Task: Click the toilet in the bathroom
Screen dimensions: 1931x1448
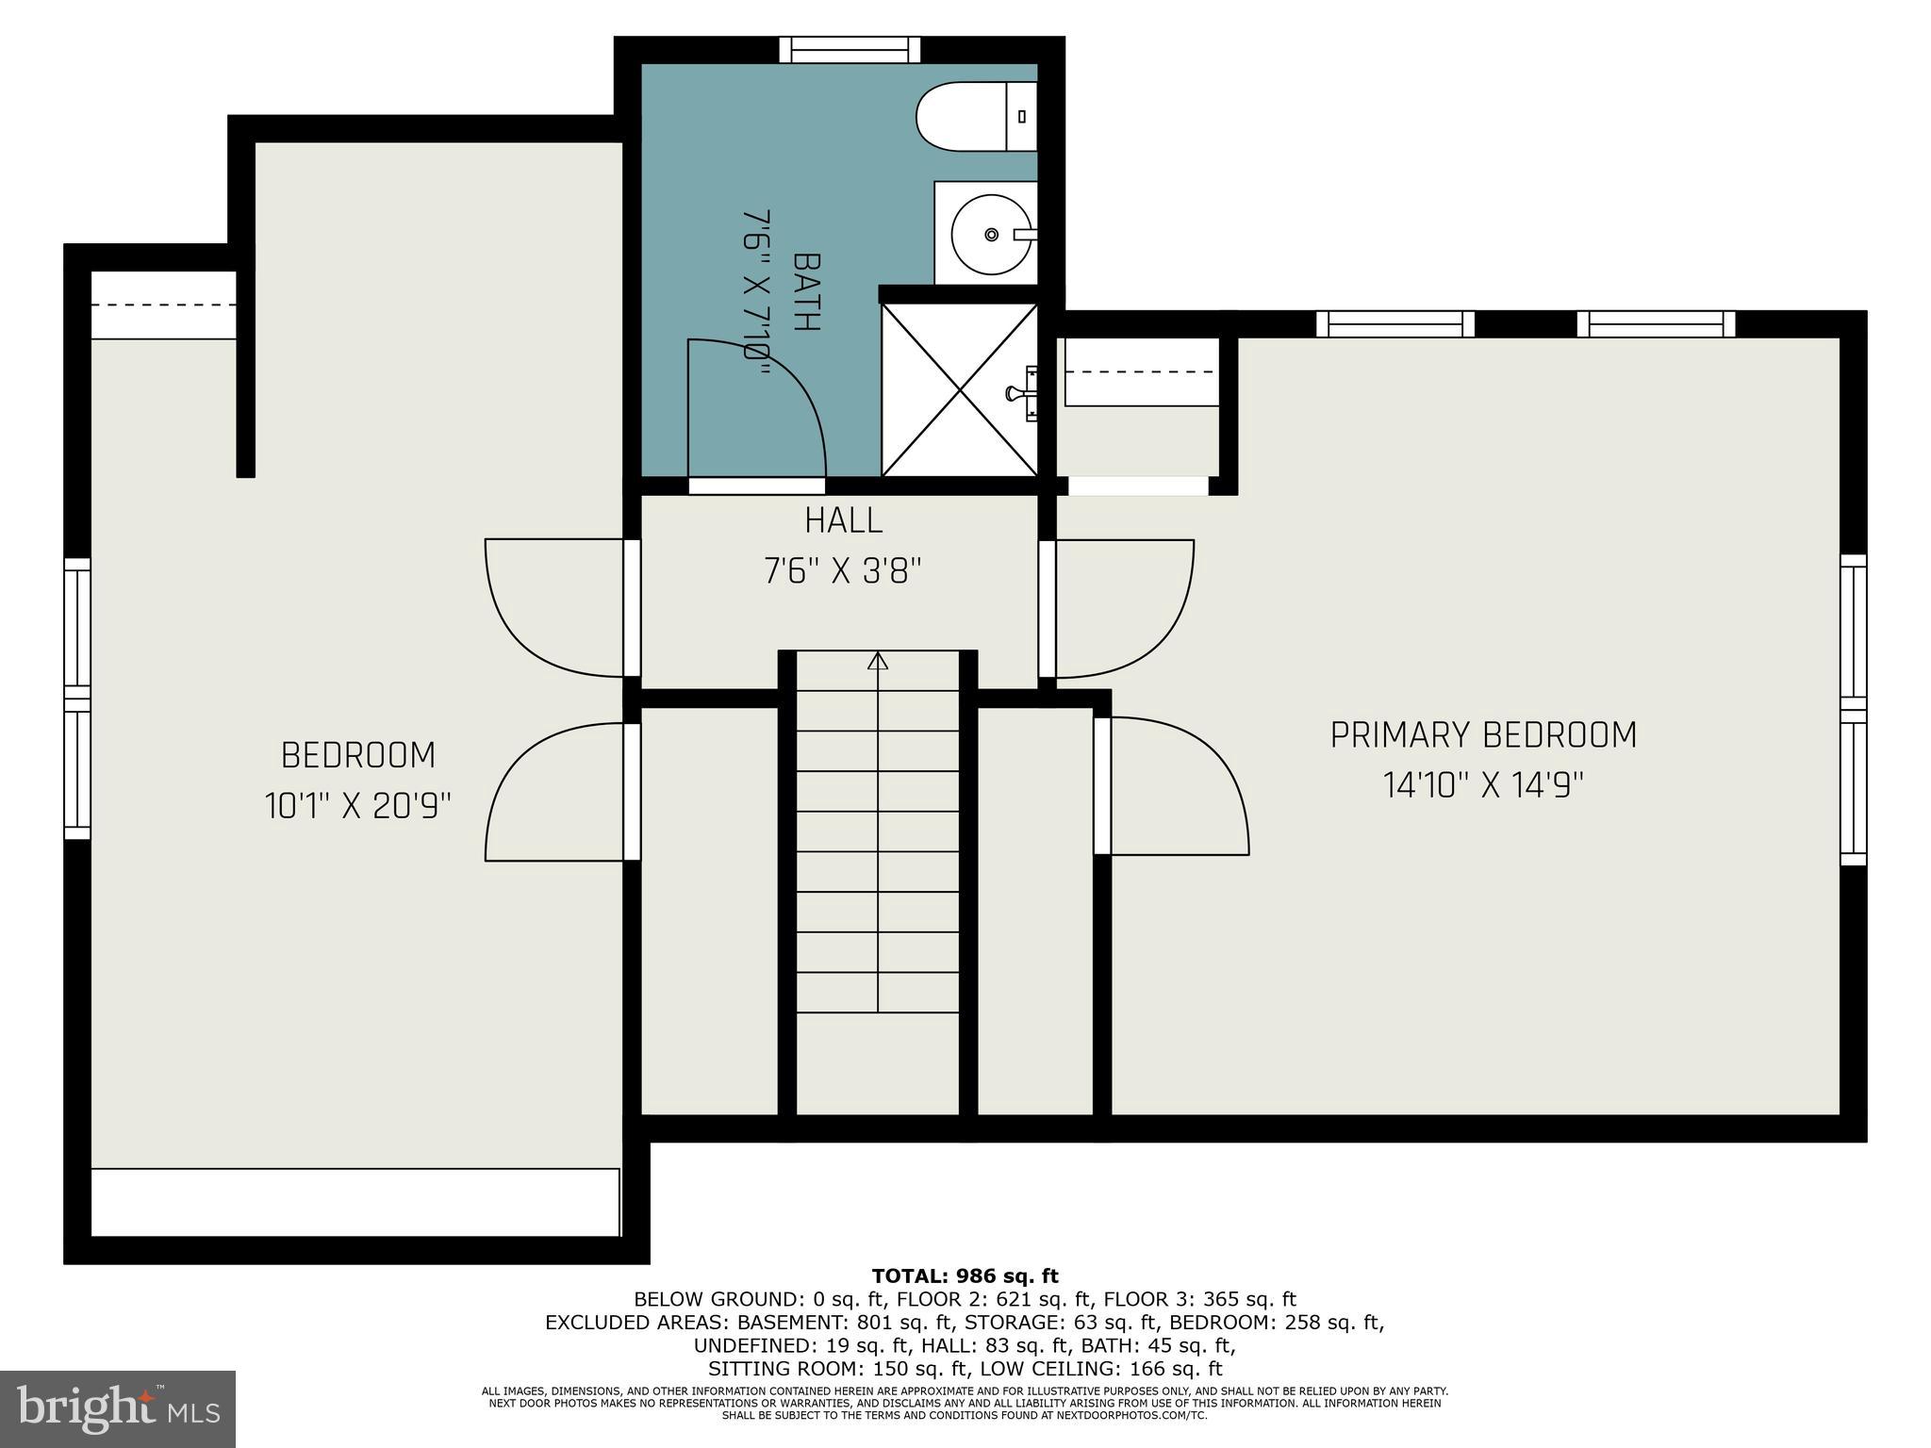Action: pyautogui.click(x=977, y=116)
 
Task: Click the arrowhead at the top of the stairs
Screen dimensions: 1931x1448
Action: pyautogui.click(x=878, y=660)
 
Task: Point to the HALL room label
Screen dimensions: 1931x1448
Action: pyautogui.click(x=844, y=520)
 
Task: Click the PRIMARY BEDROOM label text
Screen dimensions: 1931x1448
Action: pyautogui.click(x=1483, y=735)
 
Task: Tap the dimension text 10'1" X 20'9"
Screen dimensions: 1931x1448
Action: pyautogui.click(x=357, y=806)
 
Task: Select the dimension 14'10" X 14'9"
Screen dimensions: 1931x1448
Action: pyautogui.click(x=1483, y=785)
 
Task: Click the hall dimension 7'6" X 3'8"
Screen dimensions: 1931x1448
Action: pyautogui.click(x=843, y=571)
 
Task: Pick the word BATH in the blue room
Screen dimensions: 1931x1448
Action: pyautogui.click(x=806, y=291)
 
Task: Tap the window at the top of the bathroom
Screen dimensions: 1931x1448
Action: pyautogui.click(x=850, y=50)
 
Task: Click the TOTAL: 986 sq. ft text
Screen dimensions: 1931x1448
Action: pyautogui.click(x=965, y=1276)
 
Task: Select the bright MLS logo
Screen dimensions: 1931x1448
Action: pyautogui.click(x=118, y=1409)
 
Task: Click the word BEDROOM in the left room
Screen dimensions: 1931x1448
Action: pyautogui.click(x=358, y=756)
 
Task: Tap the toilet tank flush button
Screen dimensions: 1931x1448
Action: pyautogui.click(x=1022, y=117)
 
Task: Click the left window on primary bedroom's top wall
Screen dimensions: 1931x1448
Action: pyautogui.click(x=1395, y=323)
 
